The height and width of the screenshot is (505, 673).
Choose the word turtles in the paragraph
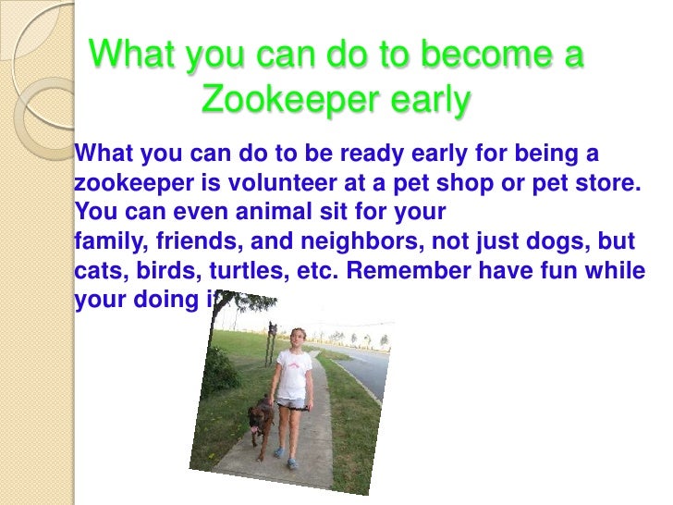pos(246,273)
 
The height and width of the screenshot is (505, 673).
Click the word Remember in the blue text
pos(415,273)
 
